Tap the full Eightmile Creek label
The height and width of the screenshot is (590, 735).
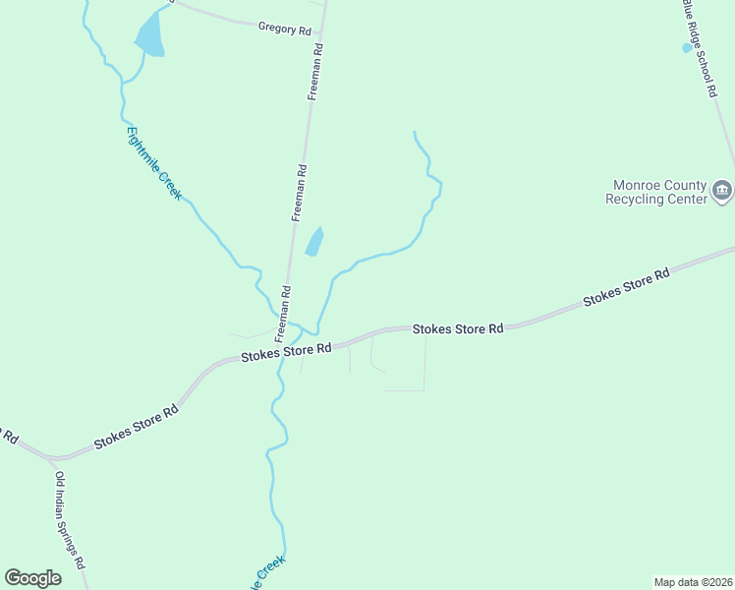pos(154,163)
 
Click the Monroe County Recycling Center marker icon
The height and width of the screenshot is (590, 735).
pos(722,190)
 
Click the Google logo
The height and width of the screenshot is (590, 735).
pos(32,578)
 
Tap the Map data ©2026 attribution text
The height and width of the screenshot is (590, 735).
pos(693,581)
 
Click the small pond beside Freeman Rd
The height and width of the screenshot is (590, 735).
pos(314,241)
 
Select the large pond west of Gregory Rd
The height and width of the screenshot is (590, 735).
pos(149,35)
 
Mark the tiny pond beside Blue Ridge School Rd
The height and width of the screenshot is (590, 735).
pos(687,47)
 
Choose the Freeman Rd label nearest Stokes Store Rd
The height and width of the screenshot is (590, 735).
pos(282,307)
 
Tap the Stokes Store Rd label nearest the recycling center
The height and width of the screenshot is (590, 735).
pos(626,286)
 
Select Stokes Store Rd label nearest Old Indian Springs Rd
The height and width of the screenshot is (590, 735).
pos(137,428)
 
